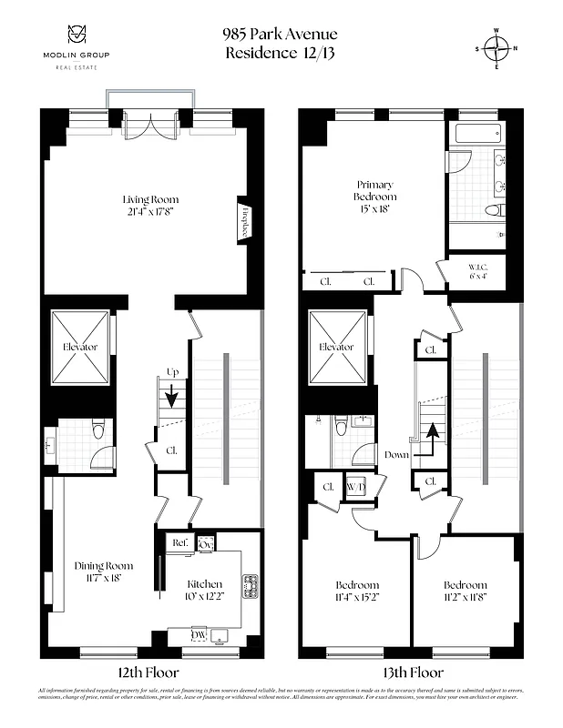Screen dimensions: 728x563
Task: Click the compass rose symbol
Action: (x=497, y=48)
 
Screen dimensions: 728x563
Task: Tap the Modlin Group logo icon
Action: (x=76, y=35)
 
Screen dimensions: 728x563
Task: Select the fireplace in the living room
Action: (x=244, y=219)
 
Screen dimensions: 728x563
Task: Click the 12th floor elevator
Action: (x=79, y=348)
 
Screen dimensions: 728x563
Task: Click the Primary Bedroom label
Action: (x=375, y=190)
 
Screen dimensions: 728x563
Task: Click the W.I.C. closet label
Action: (x=476, y=272)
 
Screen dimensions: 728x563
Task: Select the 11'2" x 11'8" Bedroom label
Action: (x=465, y=591)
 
